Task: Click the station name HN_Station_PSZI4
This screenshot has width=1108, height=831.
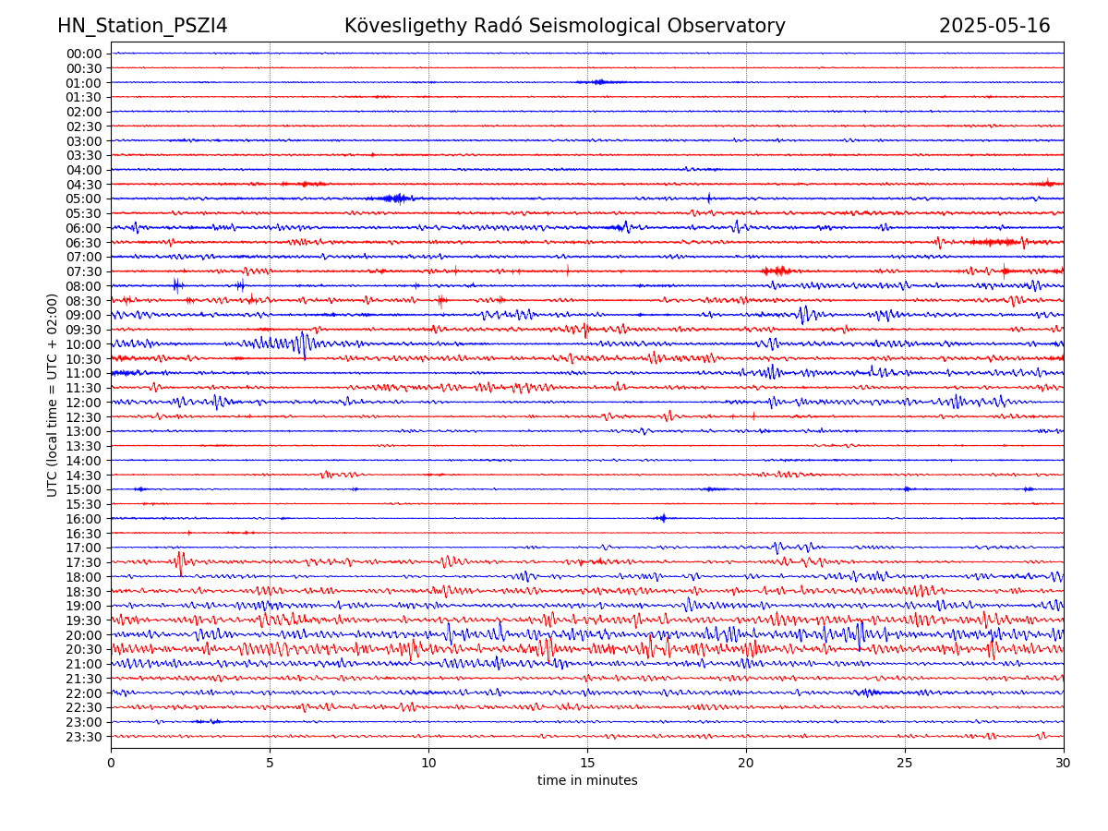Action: point(142,26)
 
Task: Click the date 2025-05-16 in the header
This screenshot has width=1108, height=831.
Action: point(994,26)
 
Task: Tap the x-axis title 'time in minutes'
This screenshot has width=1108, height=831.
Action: point(587,780)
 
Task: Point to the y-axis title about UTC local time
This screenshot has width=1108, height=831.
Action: point(53,394)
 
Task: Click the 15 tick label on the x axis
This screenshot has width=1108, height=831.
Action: point(587,763)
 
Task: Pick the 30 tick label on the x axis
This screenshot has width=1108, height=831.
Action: point(1064,763)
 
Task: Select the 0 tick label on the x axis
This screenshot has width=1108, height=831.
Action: point(111,763)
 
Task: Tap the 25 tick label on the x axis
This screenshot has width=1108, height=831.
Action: point(905,763)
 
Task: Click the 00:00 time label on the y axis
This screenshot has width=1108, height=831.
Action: point(84,54)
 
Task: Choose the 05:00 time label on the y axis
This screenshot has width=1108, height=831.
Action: point(84,199)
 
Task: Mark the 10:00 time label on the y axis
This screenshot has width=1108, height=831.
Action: point(84,344)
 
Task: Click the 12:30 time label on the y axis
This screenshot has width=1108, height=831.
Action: point(84,417)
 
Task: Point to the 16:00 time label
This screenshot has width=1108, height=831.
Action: point(84,519)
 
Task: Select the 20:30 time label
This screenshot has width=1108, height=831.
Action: point(84,649)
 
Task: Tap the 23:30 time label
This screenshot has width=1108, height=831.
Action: point(84,737)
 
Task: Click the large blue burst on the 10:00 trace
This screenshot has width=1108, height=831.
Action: point(301,344)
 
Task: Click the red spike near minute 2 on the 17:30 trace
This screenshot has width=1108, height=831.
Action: point(180,561)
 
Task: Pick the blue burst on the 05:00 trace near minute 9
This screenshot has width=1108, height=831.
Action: point(398,199)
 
